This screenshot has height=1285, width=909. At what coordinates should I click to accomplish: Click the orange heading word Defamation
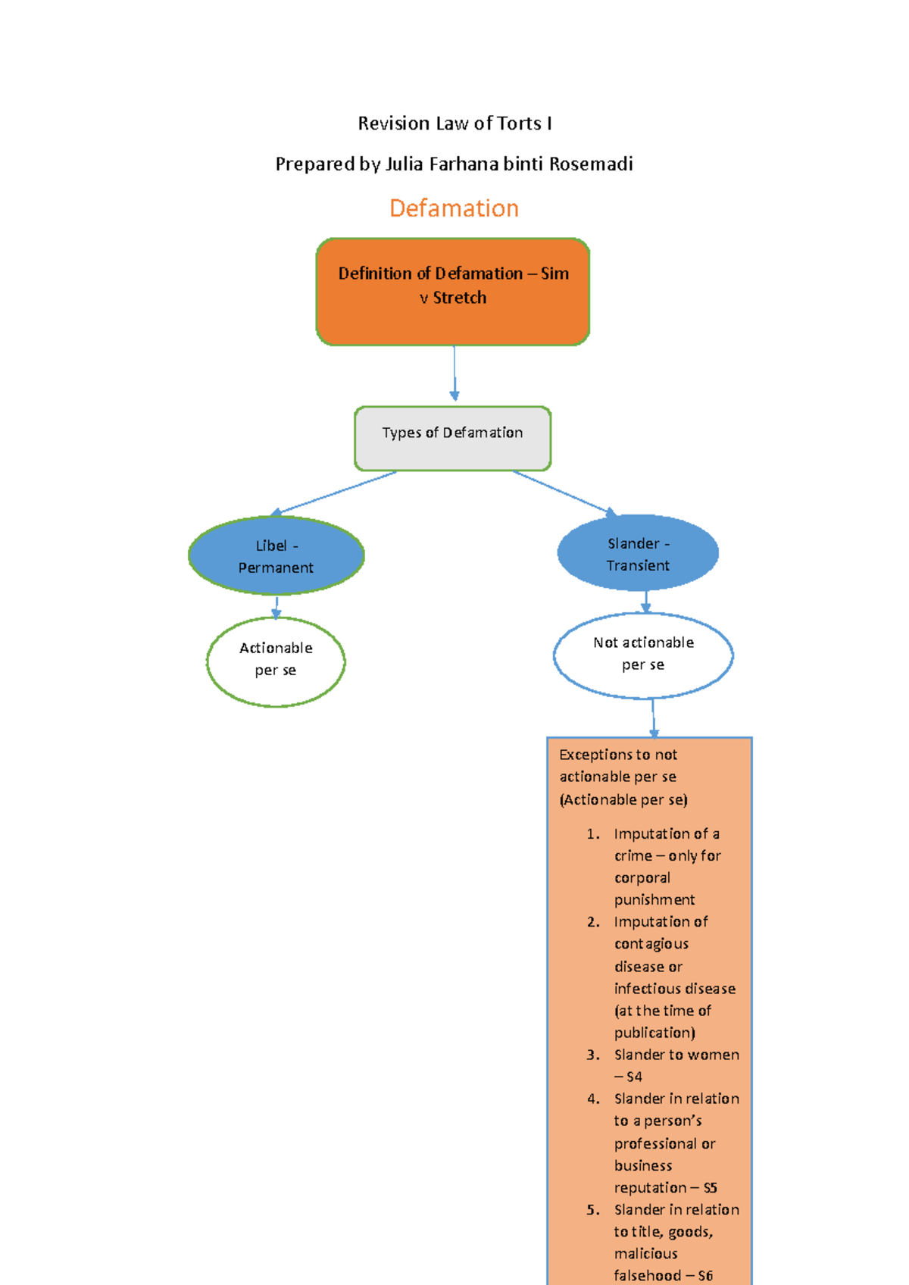pos(454,208)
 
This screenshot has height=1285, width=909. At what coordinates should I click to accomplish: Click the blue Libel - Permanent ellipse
pos(276,556)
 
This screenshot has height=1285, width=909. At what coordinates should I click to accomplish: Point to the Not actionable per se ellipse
pos(643,654)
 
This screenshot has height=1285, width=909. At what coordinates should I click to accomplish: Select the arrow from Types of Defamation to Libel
pos(333,492)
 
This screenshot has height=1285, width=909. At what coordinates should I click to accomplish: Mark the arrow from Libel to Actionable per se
pos(276,606)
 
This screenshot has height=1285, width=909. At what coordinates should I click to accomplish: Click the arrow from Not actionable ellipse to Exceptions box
pos(653,717)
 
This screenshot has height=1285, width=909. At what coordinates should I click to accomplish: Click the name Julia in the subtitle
pos(405,164)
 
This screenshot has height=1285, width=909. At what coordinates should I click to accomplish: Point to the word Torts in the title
pos(519,123)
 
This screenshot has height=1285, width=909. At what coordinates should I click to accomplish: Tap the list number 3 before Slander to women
pos(593,1055)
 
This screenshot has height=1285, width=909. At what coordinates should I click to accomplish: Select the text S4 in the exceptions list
pos(634,1077)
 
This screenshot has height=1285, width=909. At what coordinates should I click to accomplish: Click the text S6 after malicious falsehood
pos(704,1276)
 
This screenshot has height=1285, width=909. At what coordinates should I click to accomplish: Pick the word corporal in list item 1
pos(642,878)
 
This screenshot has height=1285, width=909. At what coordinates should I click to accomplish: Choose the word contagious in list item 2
pos(651,944)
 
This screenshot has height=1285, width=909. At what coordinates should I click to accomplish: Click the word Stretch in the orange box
pos(460,298)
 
